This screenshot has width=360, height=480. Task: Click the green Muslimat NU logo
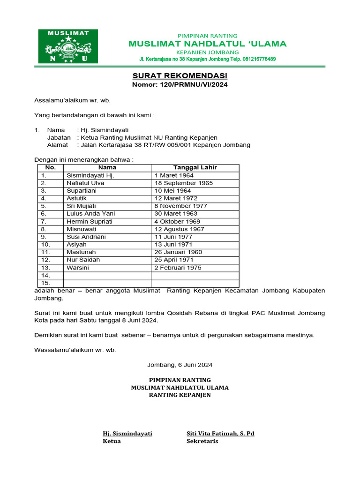[68, 46]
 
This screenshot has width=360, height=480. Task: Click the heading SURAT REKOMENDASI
[180, 75]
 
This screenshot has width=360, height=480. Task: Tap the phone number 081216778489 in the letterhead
[256, 60]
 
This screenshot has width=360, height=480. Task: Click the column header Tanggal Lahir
[195, 167]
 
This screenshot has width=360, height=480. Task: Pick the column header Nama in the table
[107, 167]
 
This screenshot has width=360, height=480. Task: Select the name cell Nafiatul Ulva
[85, 183]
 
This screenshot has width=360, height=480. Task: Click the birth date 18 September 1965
[184, 183]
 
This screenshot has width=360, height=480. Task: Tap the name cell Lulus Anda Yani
[90, 214]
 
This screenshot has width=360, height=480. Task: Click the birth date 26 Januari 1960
[178, 252]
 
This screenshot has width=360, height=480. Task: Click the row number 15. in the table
[45, 283]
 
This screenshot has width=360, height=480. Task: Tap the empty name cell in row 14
[107, 276]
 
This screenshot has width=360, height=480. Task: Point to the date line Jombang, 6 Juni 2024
[180, 365]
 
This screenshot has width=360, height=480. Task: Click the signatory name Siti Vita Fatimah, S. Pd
[220, 434]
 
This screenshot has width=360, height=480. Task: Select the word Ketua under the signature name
[112, 441]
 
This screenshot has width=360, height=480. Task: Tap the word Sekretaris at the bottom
[202, 441]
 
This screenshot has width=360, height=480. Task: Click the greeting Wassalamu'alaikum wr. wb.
[75, 350]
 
